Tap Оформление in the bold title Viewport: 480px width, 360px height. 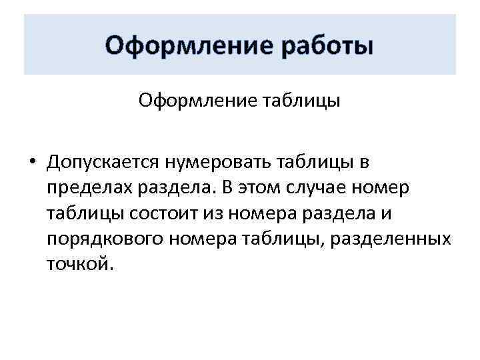coord(180,47)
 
